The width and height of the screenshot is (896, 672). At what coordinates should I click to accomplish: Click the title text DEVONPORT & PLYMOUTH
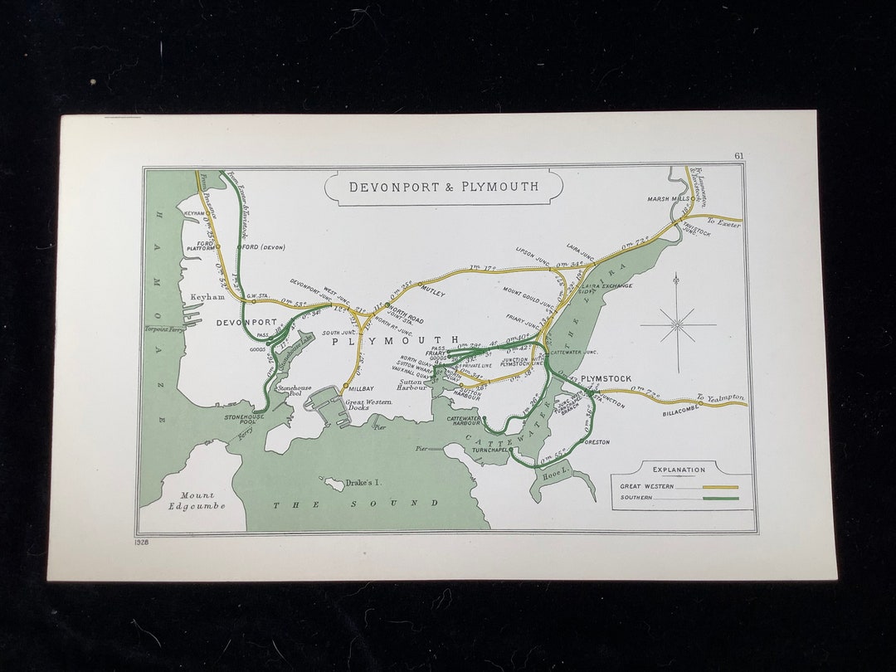click(443, 187)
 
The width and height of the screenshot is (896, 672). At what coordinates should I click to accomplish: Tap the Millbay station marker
click(345, 386)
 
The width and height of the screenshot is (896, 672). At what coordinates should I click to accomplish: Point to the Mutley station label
click(433, 293)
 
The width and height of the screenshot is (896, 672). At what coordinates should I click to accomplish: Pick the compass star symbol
click(678, 324)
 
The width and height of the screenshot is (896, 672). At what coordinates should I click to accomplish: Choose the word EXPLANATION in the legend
click(679, 470)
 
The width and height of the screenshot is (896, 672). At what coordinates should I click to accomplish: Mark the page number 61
click(738, 156)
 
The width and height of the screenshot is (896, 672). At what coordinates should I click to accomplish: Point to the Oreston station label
click(597, 442)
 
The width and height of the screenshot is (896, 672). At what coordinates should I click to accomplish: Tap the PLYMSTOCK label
click(606, 379)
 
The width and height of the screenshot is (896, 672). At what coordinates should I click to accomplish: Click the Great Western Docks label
click(368, 406)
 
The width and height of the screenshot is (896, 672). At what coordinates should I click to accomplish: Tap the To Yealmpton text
click(720, 397)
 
